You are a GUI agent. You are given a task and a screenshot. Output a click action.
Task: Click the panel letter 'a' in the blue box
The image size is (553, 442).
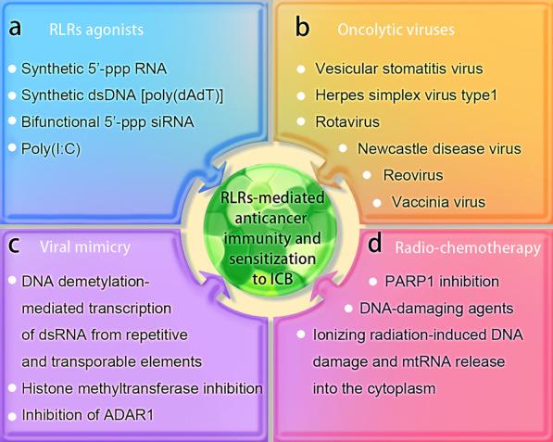[x=16, y=28]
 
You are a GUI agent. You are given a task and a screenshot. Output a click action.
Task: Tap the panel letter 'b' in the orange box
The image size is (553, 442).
[x=302, y=28]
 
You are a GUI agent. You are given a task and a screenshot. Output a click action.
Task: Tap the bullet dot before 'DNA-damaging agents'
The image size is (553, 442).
[x=349, y=307]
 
